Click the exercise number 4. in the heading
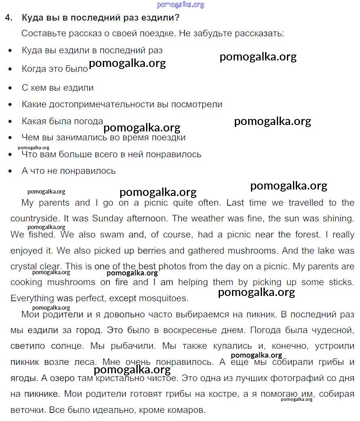pyautogui.click(x=9, y=18)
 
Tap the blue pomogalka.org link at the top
pyautogui.click(x=180, y=5)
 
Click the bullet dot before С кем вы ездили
pyautogui.click(x=10, y=88)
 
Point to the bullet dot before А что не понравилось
pyautogui.click(x=10, y=171)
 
